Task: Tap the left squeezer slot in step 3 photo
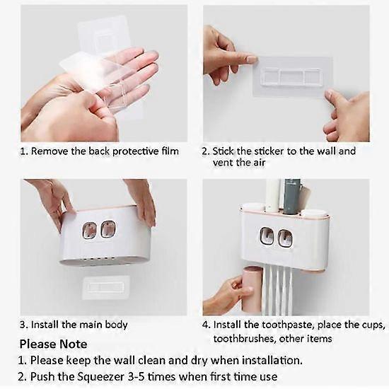[90, 229]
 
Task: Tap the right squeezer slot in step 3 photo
[108, 229]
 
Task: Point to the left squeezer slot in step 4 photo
[267, 236]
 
